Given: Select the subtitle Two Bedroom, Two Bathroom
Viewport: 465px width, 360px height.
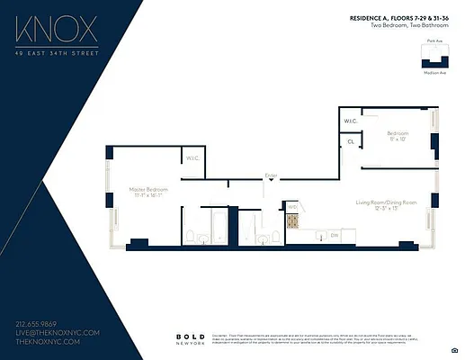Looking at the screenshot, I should click(407, 26).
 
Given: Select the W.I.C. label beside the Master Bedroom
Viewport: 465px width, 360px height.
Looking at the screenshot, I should click(192, 158).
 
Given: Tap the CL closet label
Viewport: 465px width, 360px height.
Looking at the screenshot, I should click(350, 141).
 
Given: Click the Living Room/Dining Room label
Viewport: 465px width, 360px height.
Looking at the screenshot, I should click(384, 204).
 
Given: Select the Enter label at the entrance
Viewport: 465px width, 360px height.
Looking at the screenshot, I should click(271, 175).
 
